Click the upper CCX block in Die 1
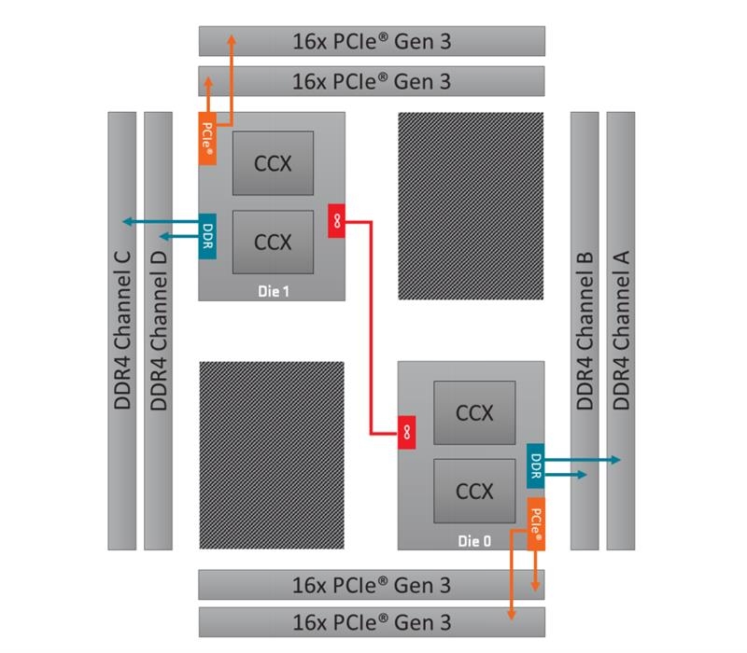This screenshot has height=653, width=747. (273, 163)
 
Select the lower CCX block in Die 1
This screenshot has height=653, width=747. (273, 242)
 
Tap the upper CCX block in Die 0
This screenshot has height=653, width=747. (474, 412)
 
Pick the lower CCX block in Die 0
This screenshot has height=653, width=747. (474, 490)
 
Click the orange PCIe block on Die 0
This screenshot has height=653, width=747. (536, 524)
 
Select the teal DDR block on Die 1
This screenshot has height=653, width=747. (207, 237)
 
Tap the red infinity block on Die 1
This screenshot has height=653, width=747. (336, 220)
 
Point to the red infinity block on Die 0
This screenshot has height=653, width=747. (407, 432)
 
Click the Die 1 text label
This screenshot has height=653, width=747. (274, 291)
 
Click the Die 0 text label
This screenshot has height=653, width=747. (473, 540)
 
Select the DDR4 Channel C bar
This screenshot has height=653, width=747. (121, 331)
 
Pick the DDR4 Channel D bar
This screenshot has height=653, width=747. (158, 331)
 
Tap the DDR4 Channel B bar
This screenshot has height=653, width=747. (585, 331)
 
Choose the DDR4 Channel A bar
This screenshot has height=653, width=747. (620, 331)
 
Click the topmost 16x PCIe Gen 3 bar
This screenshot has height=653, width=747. (372, 41)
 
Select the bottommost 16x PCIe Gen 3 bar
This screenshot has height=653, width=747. (372, 621)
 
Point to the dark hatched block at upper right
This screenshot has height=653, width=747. (471, 206)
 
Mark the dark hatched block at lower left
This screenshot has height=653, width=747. (272, 455)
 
